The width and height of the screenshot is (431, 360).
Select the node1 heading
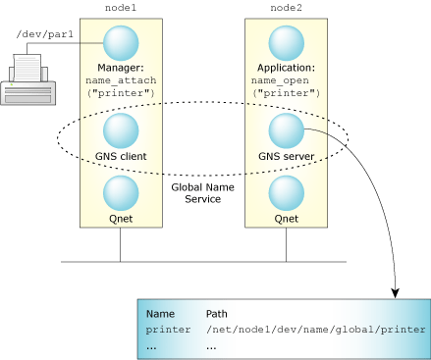point(120,8)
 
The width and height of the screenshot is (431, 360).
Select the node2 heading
point(286,8)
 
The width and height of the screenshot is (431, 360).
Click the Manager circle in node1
point(120,42)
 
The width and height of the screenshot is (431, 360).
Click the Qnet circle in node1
point(120,191)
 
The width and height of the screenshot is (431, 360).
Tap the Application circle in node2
point(286,42)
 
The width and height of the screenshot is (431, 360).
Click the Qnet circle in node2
point(286,191)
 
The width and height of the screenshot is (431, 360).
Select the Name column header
point(160,314)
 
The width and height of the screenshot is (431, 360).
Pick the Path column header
point(217,314)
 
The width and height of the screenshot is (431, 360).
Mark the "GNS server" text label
point(286,155)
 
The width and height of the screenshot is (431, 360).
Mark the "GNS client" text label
point(120,155)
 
